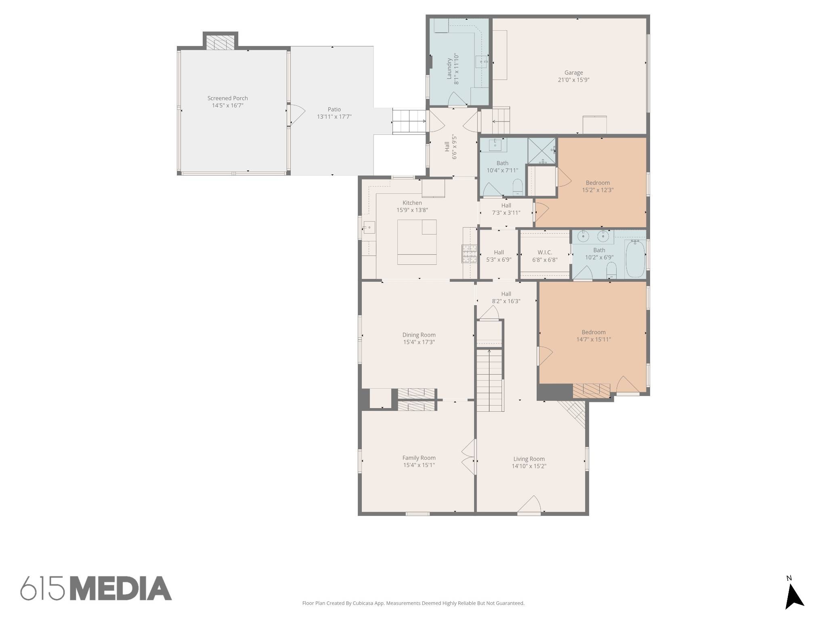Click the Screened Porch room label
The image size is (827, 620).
coord(227,98)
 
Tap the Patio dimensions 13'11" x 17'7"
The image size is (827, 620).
coord(334,117)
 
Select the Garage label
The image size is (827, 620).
coord(573,73)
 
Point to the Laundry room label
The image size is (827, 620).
coord(449,68)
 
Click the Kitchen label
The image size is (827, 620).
coord(412,203)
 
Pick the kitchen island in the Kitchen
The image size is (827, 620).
coord(417,242)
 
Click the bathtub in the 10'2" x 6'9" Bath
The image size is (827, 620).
coord(635,258)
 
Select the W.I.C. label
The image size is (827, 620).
coord(545,252)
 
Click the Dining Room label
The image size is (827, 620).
coord(419,335)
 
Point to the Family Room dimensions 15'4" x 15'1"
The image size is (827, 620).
coord(419,465)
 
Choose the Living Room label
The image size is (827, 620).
coord(529,459)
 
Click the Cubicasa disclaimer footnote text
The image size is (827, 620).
coord(413,603)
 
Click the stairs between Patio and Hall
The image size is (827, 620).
coord(409,121)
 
